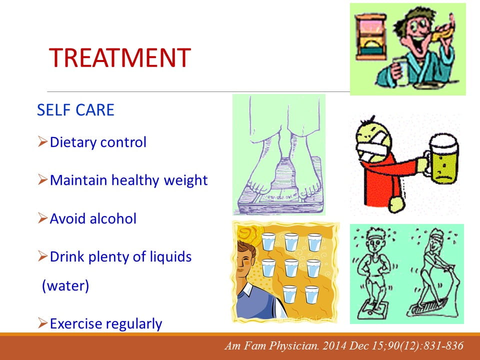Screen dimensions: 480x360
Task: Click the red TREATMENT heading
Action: click(119, 57)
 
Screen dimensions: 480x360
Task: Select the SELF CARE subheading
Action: click(75, 110)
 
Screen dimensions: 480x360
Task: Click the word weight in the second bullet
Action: click(185, 180)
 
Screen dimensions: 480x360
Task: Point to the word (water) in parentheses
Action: click(65, 285)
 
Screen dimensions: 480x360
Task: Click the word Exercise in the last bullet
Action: click(76, 323)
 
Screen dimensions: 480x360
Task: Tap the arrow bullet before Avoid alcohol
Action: click(42, 218)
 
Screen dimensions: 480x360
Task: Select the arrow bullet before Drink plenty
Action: click(42, 256)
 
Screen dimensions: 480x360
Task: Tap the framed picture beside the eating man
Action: click(370, 36)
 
